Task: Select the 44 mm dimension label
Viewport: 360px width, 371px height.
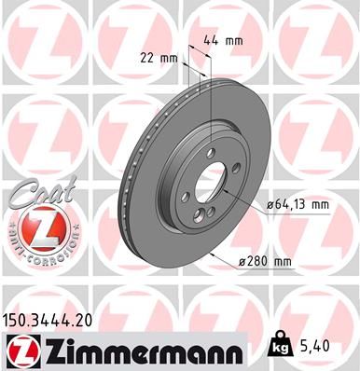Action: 219,42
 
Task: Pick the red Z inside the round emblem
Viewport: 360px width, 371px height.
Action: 34,228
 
